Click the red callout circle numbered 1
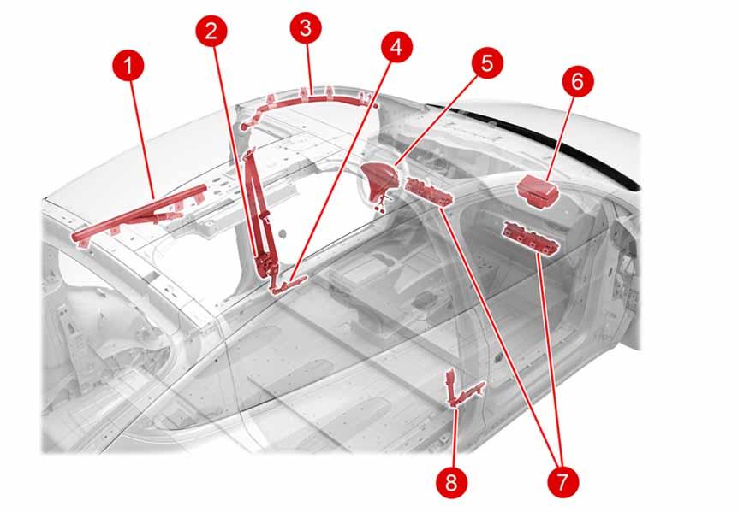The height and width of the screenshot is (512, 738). tap(128, 66)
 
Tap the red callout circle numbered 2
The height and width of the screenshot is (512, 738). tap(211, 31)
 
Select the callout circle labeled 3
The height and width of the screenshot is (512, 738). tap(306, 28)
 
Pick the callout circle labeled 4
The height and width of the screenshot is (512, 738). tap(396, 48)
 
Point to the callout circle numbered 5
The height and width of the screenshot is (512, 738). tap(486, 62)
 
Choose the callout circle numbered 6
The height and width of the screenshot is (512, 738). tap(578, 81)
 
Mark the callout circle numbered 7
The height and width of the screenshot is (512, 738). tap(562, 481)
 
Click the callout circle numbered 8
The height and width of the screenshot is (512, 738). tap(451, 481)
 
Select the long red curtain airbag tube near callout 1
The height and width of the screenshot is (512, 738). tap(140, 215)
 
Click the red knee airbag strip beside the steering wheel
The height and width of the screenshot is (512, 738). tap(429, 192)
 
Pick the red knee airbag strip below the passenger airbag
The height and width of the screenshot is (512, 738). tap(532, 238)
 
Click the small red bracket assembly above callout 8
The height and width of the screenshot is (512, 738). tap(462, 389)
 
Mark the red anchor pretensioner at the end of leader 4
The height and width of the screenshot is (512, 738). tap(286, 284)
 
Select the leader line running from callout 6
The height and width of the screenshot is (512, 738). tap(562, 138)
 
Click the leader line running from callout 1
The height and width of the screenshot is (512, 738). tap(141, 139)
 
